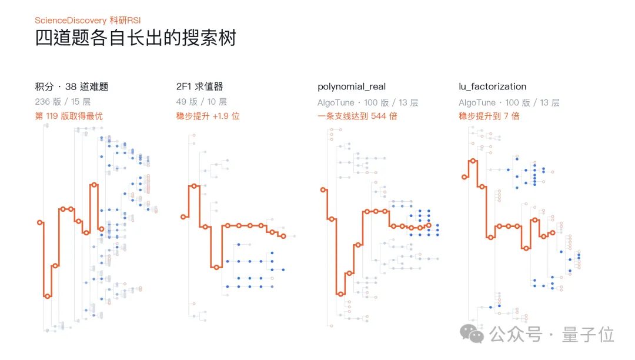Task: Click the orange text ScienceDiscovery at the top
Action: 71,20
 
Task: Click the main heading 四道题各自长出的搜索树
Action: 135,38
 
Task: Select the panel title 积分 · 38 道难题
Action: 72,86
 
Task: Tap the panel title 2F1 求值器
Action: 200,86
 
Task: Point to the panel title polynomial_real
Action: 352,86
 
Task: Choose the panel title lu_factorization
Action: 493,86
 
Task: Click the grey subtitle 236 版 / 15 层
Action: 63,102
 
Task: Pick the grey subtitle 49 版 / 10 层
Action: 202,102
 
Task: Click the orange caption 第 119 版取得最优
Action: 69,116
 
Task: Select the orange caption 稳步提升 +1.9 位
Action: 208,116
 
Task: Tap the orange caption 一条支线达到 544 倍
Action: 357,116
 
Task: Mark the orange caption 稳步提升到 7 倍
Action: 489,116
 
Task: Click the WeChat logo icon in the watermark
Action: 472,334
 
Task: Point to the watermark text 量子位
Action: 588,335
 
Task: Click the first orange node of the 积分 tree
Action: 40,223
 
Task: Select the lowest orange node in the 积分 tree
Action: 48,296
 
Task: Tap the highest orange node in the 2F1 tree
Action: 194,186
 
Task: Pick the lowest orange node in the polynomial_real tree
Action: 340,294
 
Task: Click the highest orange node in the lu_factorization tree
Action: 473,161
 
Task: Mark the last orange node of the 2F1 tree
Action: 283,236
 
